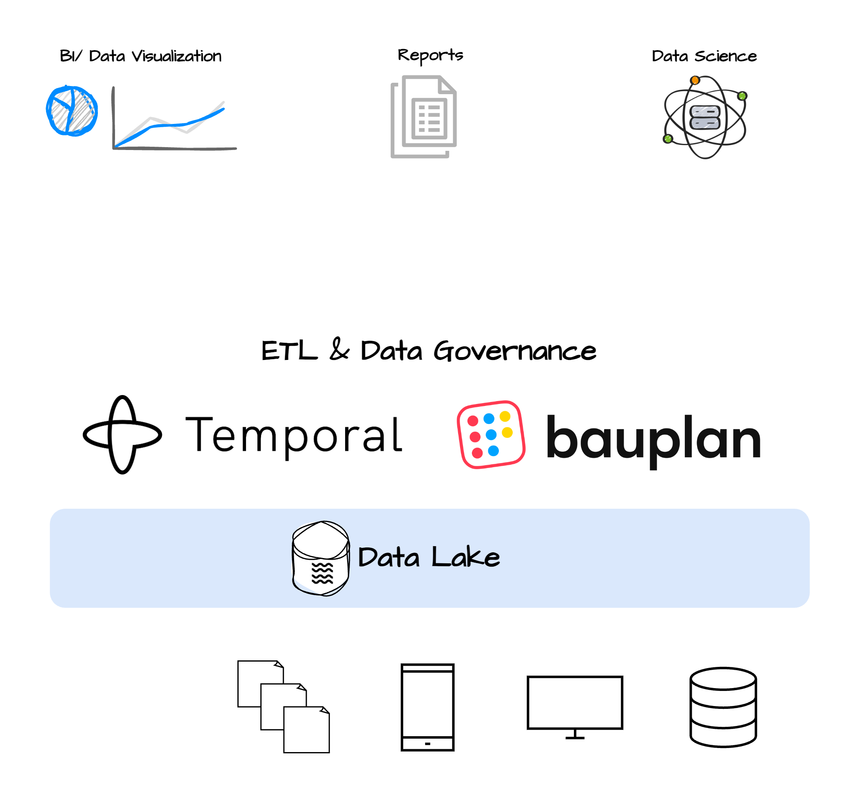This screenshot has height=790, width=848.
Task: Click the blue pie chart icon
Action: click(x=72, y=111)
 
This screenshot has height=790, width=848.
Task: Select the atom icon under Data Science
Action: click(x=705, y=117)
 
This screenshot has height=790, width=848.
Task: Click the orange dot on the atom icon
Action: click(x=695, y=80)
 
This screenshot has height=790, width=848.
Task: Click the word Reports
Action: click(x=430, y=55)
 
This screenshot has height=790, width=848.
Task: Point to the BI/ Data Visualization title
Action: click(x=140, y=56)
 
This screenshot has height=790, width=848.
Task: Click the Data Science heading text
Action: click(x=704, y=56)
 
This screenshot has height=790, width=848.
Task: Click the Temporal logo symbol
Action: click(x=122, y=435)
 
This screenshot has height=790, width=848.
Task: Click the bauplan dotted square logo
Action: click(x=491, y=435)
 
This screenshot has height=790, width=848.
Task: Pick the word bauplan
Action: click(x=653, y=439)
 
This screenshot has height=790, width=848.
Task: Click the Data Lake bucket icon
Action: click(x=321, y=558)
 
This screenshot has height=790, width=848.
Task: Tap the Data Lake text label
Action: click(x=429, y=557)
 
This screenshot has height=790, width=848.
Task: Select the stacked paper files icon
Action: click(x=283, y=706)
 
